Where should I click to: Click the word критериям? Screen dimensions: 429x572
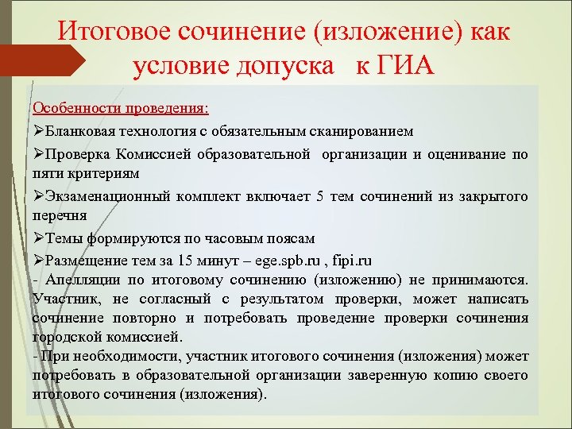point(101,172)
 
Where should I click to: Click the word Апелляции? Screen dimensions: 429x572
point(79,280)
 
